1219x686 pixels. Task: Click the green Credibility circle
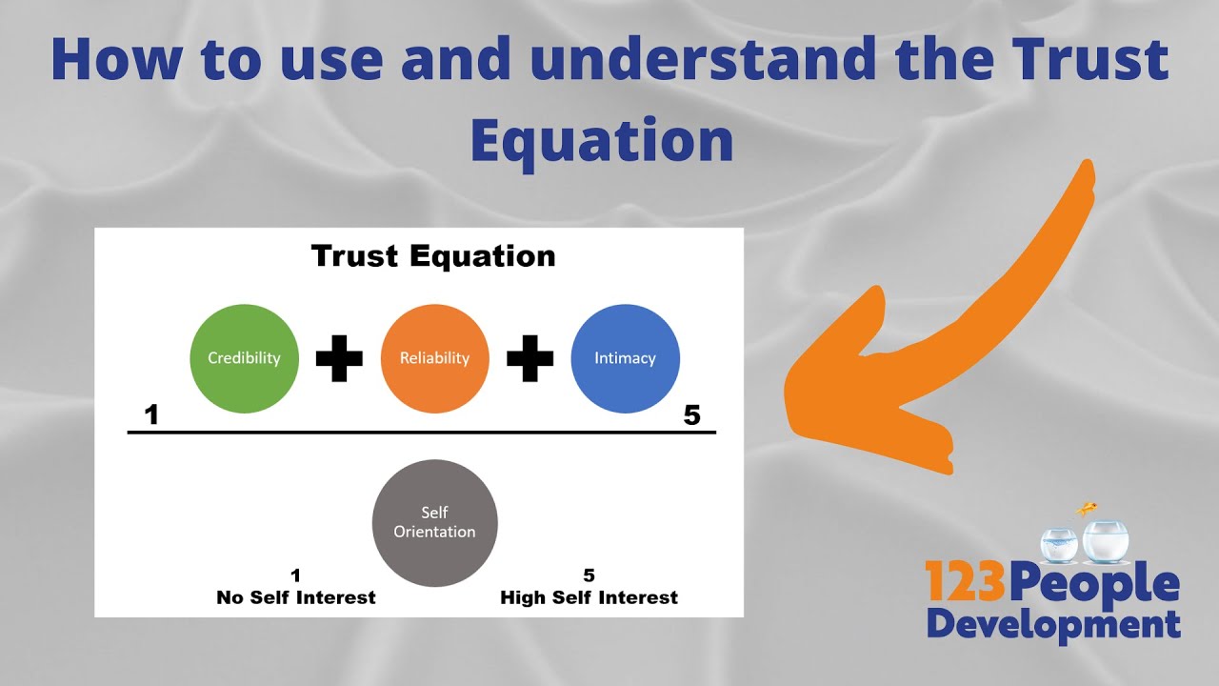[244, 358]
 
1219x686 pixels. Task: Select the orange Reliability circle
[434, 358]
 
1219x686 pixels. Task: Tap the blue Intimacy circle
[625, 358]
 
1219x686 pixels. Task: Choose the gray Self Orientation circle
[434, 521]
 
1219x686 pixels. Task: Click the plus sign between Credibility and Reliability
[339, 358]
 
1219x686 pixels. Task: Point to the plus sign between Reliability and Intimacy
[530, 358]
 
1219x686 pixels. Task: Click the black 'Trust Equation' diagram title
[433, 256]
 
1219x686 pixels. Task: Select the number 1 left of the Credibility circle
[150, 415]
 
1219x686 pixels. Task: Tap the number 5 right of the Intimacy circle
[692, 415]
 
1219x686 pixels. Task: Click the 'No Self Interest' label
[296, 598]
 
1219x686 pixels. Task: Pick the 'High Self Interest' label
[589, 598]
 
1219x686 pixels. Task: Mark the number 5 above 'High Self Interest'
[589, 575]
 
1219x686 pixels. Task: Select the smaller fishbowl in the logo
[1057, 543]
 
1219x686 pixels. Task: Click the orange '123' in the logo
[965, 582]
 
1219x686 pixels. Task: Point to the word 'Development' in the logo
[1053, 624]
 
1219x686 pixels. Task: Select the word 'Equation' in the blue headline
[602, 139]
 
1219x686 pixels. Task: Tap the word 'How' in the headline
[116, 59]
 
